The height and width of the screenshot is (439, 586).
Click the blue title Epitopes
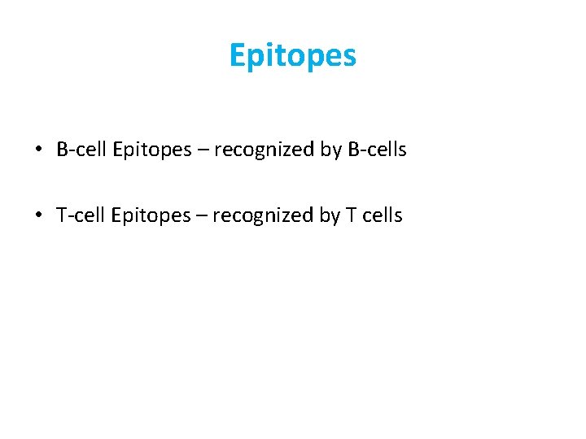pyautogui.click(x=292, y=56)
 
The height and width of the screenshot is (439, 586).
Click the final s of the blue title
pyautogui.click(x=349, y=58)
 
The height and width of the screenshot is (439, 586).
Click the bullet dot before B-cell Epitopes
pyautogui.click(x=38, y=150)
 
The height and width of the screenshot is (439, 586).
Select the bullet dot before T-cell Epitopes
pyautogui.click(x=38, y=215)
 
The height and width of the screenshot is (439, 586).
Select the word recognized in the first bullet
pyautogui.click(x=260, y=150)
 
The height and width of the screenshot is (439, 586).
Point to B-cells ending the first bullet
pyautogui.click(x=377, y=150)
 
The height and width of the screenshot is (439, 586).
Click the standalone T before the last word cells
pyautogui.click(x=352, y=215)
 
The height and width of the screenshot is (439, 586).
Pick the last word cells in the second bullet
pyautogui.click(x=383, y=215)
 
